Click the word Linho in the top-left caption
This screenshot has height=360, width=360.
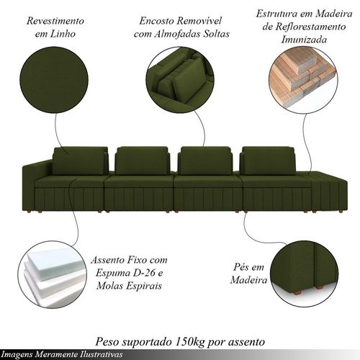[x=63, y=34]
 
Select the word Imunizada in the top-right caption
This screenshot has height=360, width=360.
[x=304, y=40]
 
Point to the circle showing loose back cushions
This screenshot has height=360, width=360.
[x=180, y=80]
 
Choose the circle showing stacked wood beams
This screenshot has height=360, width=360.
[x=303, y=80]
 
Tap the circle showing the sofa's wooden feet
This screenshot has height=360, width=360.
[x=305, y=275]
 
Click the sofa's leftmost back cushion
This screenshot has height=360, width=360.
[x=80, y=161]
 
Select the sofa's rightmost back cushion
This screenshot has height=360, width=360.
[x=269, y=161]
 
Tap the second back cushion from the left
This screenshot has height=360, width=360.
[x=143, y=161]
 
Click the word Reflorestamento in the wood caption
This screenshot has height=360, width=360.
[x=310, y=27]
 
